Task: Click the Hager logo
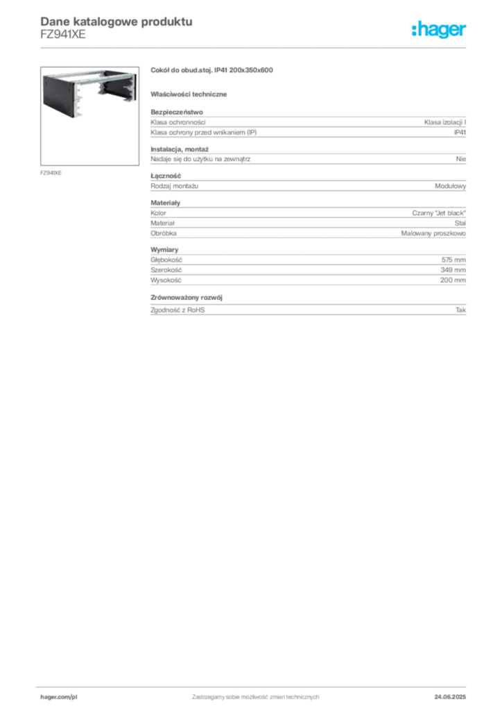[439, 29]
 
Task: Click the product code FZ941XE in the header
[63, 35]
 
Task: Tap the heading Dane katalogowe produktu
[116, 22]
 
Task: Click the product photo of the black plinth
[89, 116]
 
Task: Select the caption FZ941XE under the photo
[51, 173]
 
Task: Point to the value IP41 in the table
[460, 133]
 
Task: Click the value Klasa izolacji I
[445, 122]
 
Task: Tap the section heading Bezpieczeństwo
[177, 112]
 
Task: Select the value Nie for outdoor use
[461, 159]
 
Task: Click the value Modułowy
[451, 186]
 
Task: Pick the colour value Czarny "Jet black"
[439, 213]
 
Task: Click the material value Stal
[460, 223]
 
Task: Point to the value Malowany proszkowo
[433, 233]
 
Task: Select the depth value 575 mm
[453, 260]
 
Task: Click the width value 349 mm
[453, 270]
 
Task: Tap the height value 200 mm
[453, 281]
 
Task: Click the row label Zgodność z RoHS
[178, 310]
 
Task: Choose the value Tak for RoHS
[460, 310]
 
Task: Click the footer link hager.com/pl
[59, 697]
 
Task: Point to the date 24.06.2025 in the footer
[450, 697]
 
